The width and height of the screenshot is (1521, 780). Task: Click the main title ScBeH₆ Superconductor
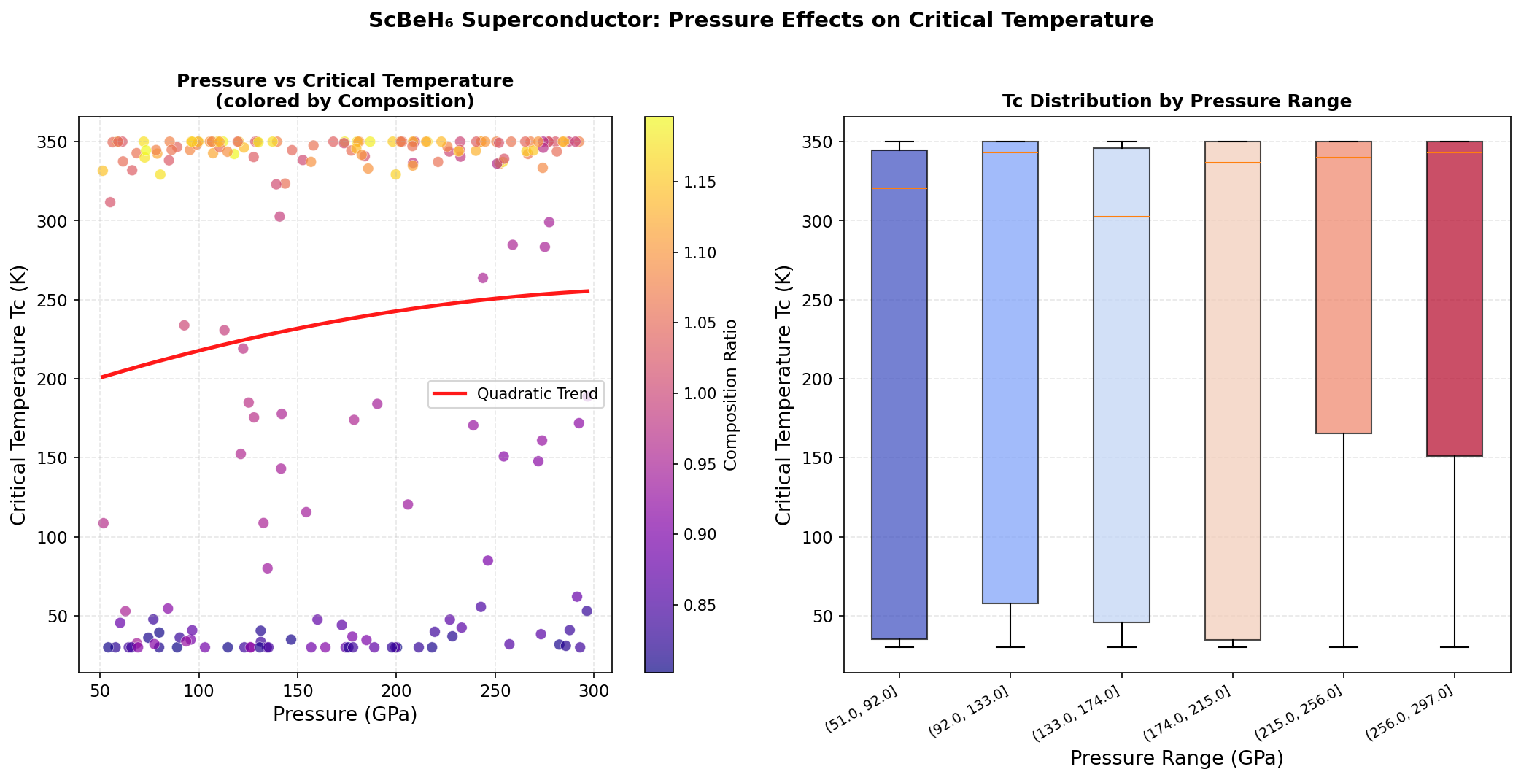click(x=760, y=20)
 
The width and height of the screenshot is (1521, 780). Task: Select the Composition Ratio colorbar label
click(x=731, y=395)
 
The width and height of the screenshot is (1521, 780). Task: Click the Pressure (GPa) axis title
click(x=345, y=714)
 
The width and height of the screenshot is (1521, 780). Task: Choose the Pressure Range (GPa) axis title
click(x=1176, y=758)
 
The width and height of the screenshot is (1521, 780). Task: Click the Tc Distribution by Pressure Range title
click(x=1176, y=101)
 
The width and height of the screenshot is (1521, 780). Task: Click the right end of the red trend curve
click(x=588, y=291)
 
